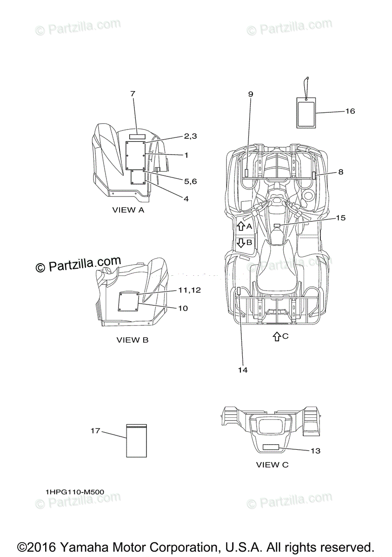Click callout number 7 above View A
coord(133,94)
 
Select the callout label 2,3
coord(190,136)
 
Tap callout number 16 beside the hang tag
coord(350,111)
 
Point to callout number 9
coord(251,94)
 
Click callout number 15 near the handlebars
coord(341,218)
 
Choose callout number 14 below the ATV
coord(243,370)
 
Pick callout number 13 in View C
coord(315,451)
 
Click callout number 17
coord(95,431)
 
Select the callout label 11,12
coord(189,290)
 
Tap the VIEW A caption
coord(128,210)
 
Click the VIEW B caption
coord(133,340)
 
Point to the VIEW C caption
coord(272,465)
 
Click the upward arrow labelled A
coord(240,227)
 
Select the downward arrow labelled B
coord(241,242)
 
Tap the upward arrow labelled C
coord(276,337)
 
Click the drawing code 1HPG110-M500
coord(75,492)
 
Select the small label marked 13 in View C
coord(271,447)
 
